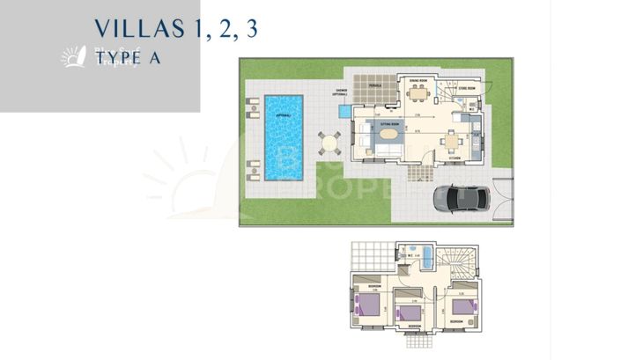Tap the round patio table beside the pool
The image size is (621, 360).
[329, 143]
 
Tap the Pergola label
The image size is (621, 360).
[374, 86]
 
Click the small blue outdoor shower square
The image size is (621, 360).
[343, 113]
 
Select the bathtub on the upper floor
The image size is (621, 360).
[428, 259]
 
